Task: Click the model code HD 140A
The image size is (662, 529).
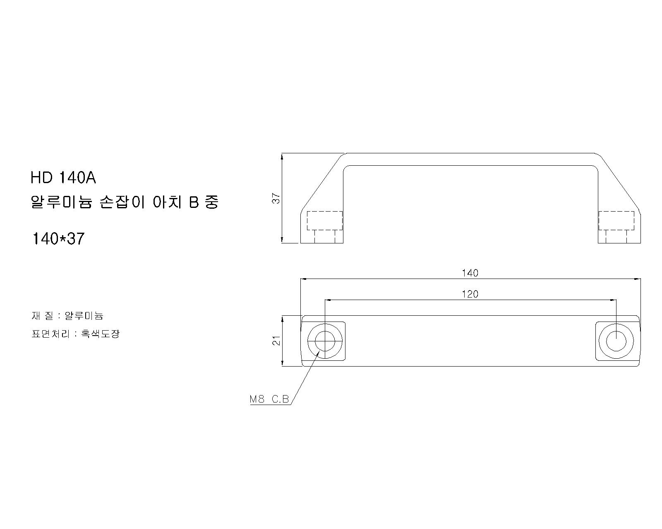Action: (63, 178)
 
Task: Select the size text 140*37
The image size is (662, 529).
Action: (58, 238)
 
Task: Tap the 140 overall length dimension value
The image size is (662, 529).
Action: (470, 273)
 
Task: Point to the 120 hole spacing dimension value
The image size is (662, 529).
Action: (470, 294)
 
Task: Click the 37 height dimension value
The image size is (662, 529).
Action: (276, 198)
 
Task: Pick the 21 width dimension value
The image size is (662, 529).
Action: (276, 340)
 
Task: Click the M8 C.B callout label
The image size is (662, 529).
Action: (269, 399)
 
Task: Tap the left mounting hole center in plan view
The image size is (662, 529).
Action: (325, 341)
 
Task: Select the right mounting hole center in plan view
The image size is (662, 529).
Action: (616, 341)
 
